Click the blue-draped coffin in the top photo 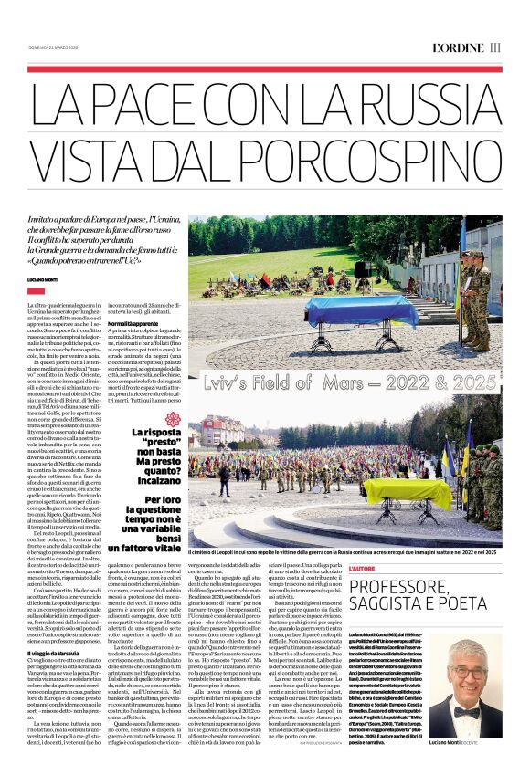click(x=361, y=309)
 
